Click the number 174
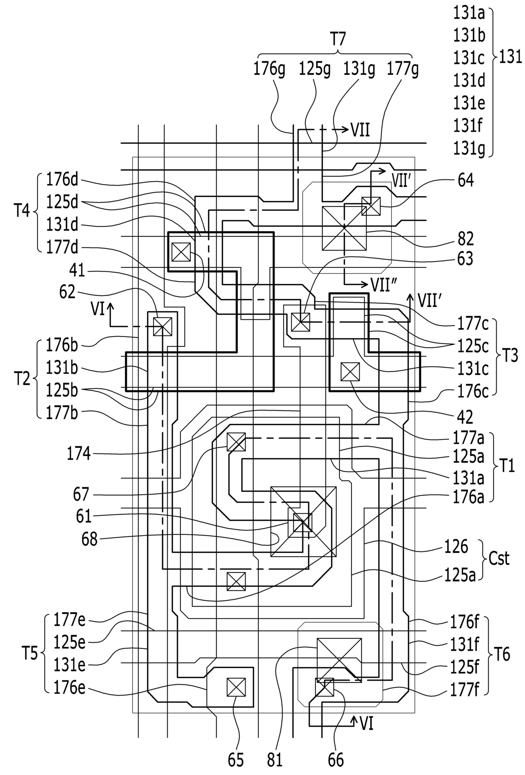pos(79,454)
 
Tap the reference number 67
pos(81,494)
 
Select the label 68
pos(89,540)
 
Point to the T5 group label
pos(30,654)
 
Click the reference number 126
pos(456,547)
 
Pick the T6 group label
pos(502,654)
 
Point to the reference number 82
pos(466,239)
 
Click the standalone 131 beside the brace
pos(511,57)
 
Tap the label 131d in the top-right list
pos(469,80)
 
